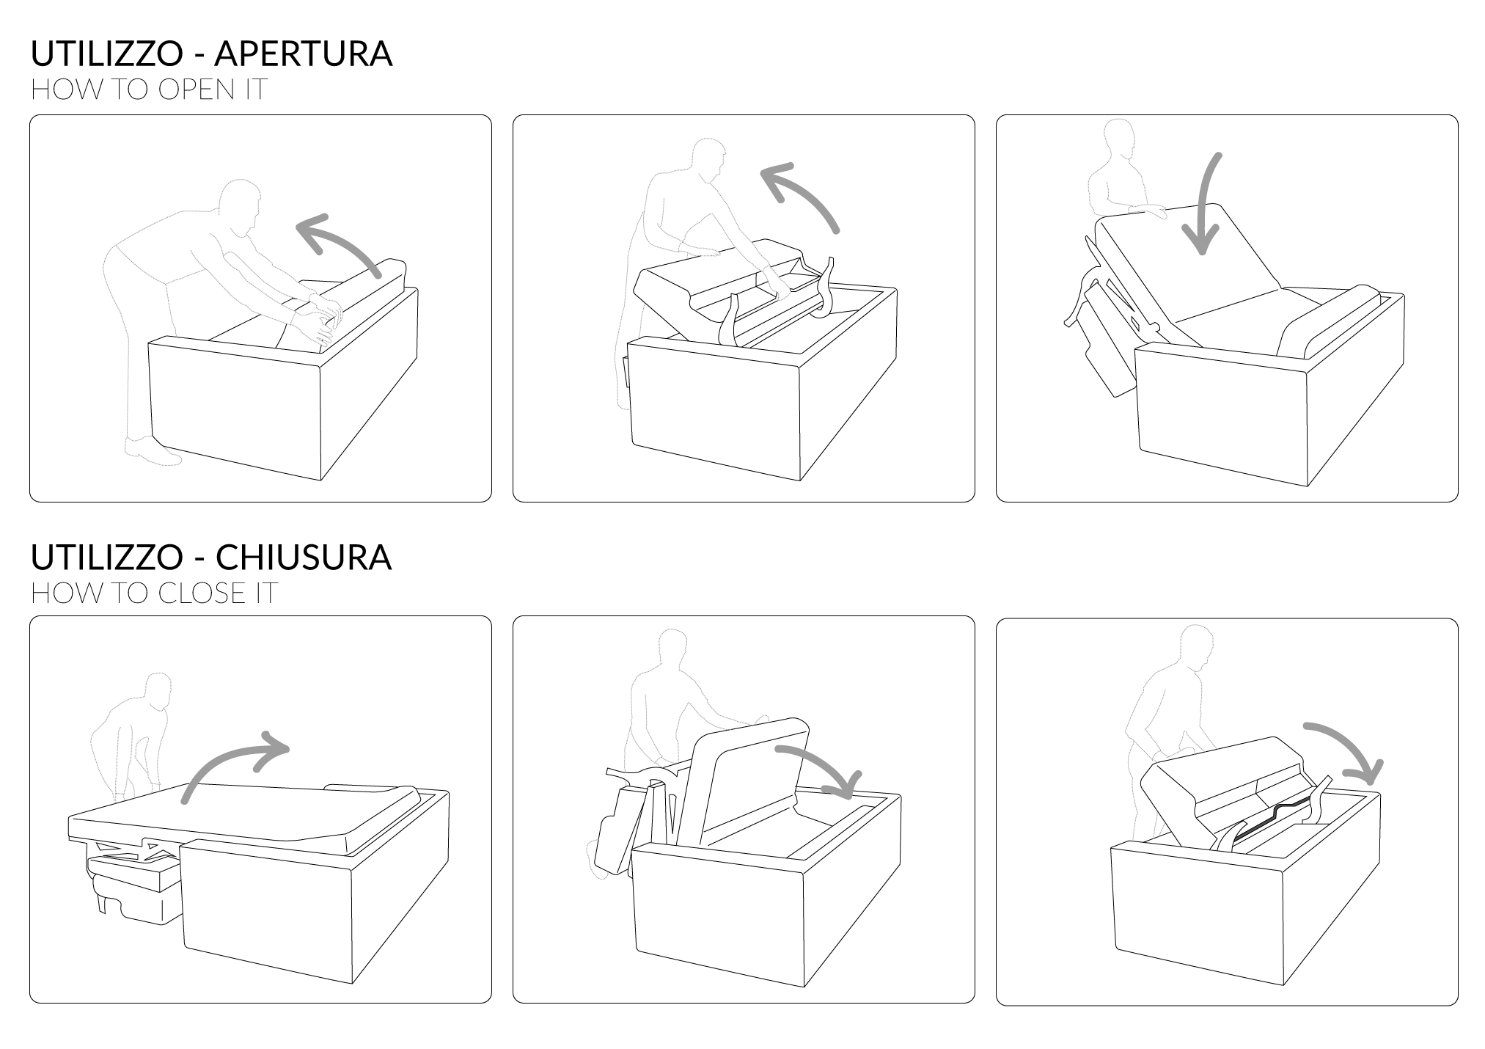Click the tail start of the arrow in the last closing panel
point(1305,727)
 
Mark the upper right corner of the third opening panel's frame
point(1458,115)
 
